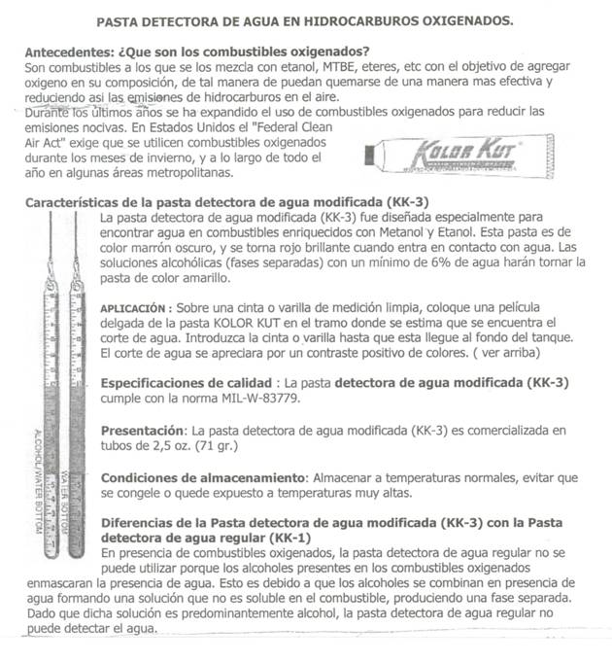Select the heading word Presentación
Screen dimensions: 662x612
pos(142,430)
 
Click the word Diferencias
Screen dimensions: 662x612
pos(142,521)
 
